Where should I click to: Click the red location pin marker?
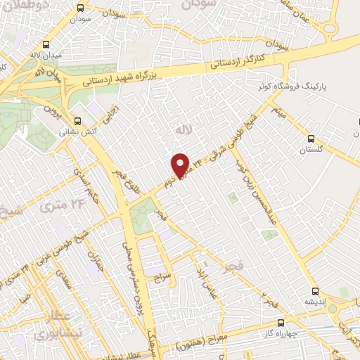tap(181, 165)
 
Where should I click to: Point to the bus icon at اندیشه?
tap(314, 289)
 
